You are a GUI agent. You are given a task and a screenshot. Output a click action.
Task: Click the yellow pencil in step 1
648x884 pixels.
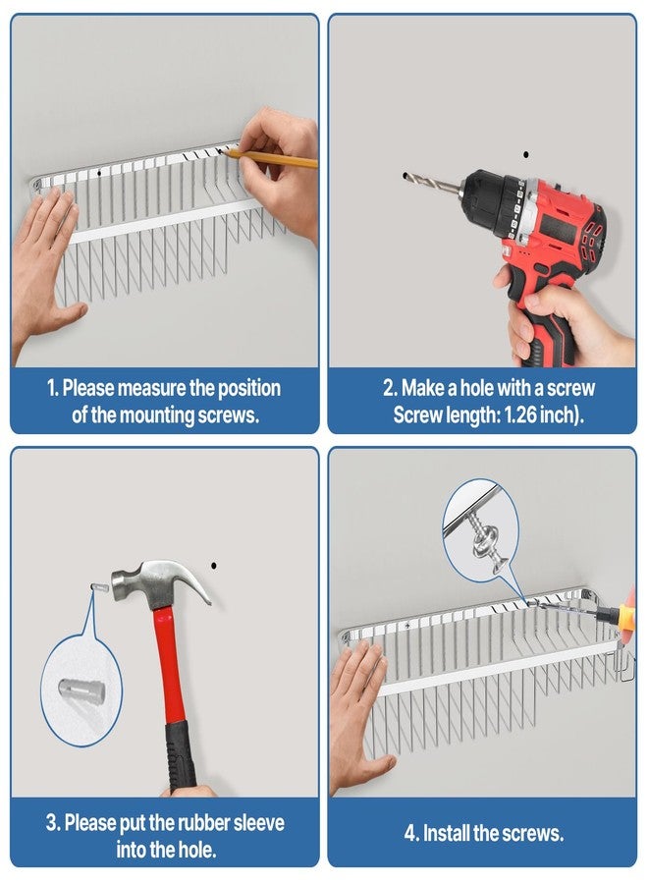[x=269, y=158]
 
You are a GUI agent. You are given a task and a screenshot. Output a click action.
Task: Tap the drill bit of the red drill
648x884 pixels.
[x=432, y=184]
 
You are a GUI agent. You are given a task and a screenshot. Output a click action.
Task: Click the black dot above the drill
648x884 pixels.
[x=525, y=154]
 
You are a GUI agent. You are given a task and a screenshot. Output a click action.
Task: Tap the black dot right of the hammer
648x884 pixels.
[x=214, y=566]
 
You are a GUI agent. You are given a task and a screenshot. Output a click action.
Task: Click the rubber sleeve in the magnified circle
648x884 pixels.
[x=81, y=689]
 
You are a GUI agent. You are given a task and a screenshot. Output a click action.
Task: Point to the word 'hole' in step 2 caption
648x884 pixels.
[x=473, y=388]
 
